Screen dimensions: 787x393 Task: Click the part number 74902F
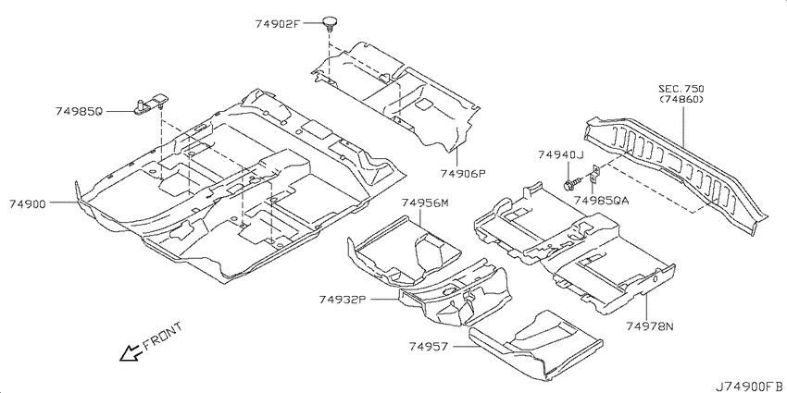(277, 23)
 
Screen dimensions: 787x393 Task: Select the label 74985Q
(79, 111)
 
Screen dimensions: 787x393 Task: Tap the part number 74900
(28, 203)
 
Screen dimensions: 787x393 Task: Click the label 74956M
(425, 203)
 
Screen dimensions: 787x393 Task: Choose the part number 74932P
(342, 300)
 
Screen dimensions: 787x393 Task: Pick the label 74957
(428, 346)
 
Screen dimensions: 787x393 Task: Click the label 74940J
(561, 155)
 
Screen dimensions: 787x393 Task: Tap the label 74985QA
(601, 201)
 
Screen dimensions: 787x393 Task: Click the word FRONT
(163, 337)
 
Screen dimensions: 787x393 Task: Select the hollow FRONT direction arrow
(131, 353)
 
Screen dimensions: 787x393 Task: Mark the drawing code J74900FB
(750, 386)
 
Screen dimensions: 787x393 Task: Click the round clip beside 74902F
(330, 23)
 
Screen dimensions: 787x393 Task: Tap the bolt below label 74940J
(571, 183)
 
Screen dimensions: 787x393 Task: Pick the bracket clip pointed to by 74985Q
(152, 103)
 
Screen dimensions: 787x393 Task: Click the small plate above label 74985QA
(594, 174)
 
